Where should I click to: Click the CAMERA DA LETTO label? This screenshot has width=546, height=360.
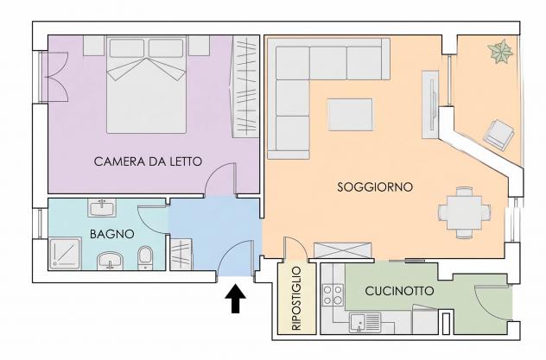click(148, 161)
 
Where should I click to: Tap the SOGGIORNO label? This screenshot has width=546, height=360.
click(375, 187)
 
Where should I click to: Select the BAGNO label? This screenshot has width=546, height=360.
click(112, 234)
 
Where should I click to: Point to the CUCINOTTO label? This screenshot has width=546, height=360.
click(399, 291)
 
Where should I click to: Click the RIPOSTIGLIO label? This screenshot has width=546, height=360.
click(296, 299)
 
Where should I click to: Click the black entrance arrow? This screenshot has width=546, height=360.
click(235, 299)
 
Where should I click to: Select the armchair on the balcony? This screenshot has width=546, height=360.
click(499, 135)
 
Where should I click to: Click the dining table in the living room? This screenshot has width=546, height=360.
click(465, 212)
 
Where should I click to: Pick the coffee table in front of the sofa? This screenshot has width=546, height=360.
click(350, 115)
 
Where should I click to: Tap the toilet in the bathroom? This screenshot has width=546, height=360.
click(145, 258)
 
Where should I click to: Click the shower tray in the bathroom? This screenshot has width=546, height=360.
click(65, 253)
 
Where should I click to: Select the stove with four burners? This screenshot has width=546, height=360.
click(333, 294)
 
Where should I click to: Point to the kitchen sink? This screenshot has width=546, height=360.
click(365, 322)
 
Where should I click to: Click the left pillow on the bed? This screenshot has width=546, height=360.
click(127, 48)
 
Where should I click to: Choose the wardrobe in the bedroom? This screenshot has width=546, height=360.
click(245, 86)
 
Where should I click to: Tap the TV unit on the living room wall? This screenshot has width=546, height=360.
click(430, 104)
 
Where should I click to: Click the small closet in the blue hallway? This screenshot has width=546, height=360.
click(181, 255)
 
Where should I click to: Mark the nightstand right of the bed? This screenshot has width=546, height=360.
click(199, 45)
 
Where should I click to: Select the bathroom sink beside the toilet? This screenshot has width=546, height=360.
click(110, 261)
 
